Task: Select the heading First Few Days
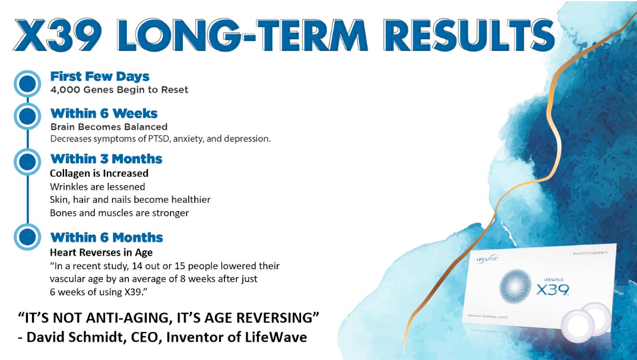pos(100,77)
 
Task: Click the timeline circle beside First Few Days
pos(27,84)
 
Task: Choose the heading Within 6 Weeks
pos(103,113)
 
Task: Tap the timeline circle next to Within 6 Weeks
pos(27,116)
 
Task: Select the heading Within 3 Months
pos(106,159)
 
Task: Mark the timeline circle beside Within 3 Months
pos(27,161)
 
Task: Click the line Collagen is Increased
pos(99,173)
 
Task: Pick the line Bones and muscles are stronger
pos(119,213)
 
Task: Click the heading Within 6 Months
pos(106,237)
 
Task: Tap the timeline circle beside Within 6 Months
pos(27,237)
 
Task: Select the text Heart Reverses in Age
pos(101,253)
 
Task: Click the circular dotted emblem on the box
pos(515,286)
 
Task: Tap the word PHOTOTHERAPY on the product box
pos(590,253)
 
